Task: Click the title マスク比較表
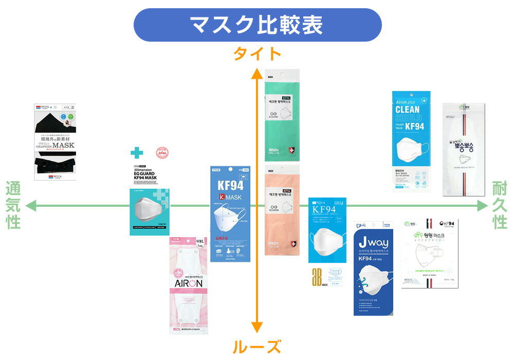(257, 25)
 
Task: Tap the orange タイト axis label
(257, 53)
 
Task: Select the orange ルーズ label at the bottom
(257, 346)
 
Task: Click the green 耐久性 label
(500, 206)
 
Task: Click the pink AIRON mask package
(189, 285)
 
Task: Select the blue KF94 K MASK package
(230, 213)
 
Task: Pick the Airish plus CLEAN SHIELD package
(415, 141)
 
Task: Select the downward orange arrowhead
(257, 328)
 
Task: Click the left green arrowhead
(31, 206)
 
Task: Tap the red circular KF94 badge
(163, 154)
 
